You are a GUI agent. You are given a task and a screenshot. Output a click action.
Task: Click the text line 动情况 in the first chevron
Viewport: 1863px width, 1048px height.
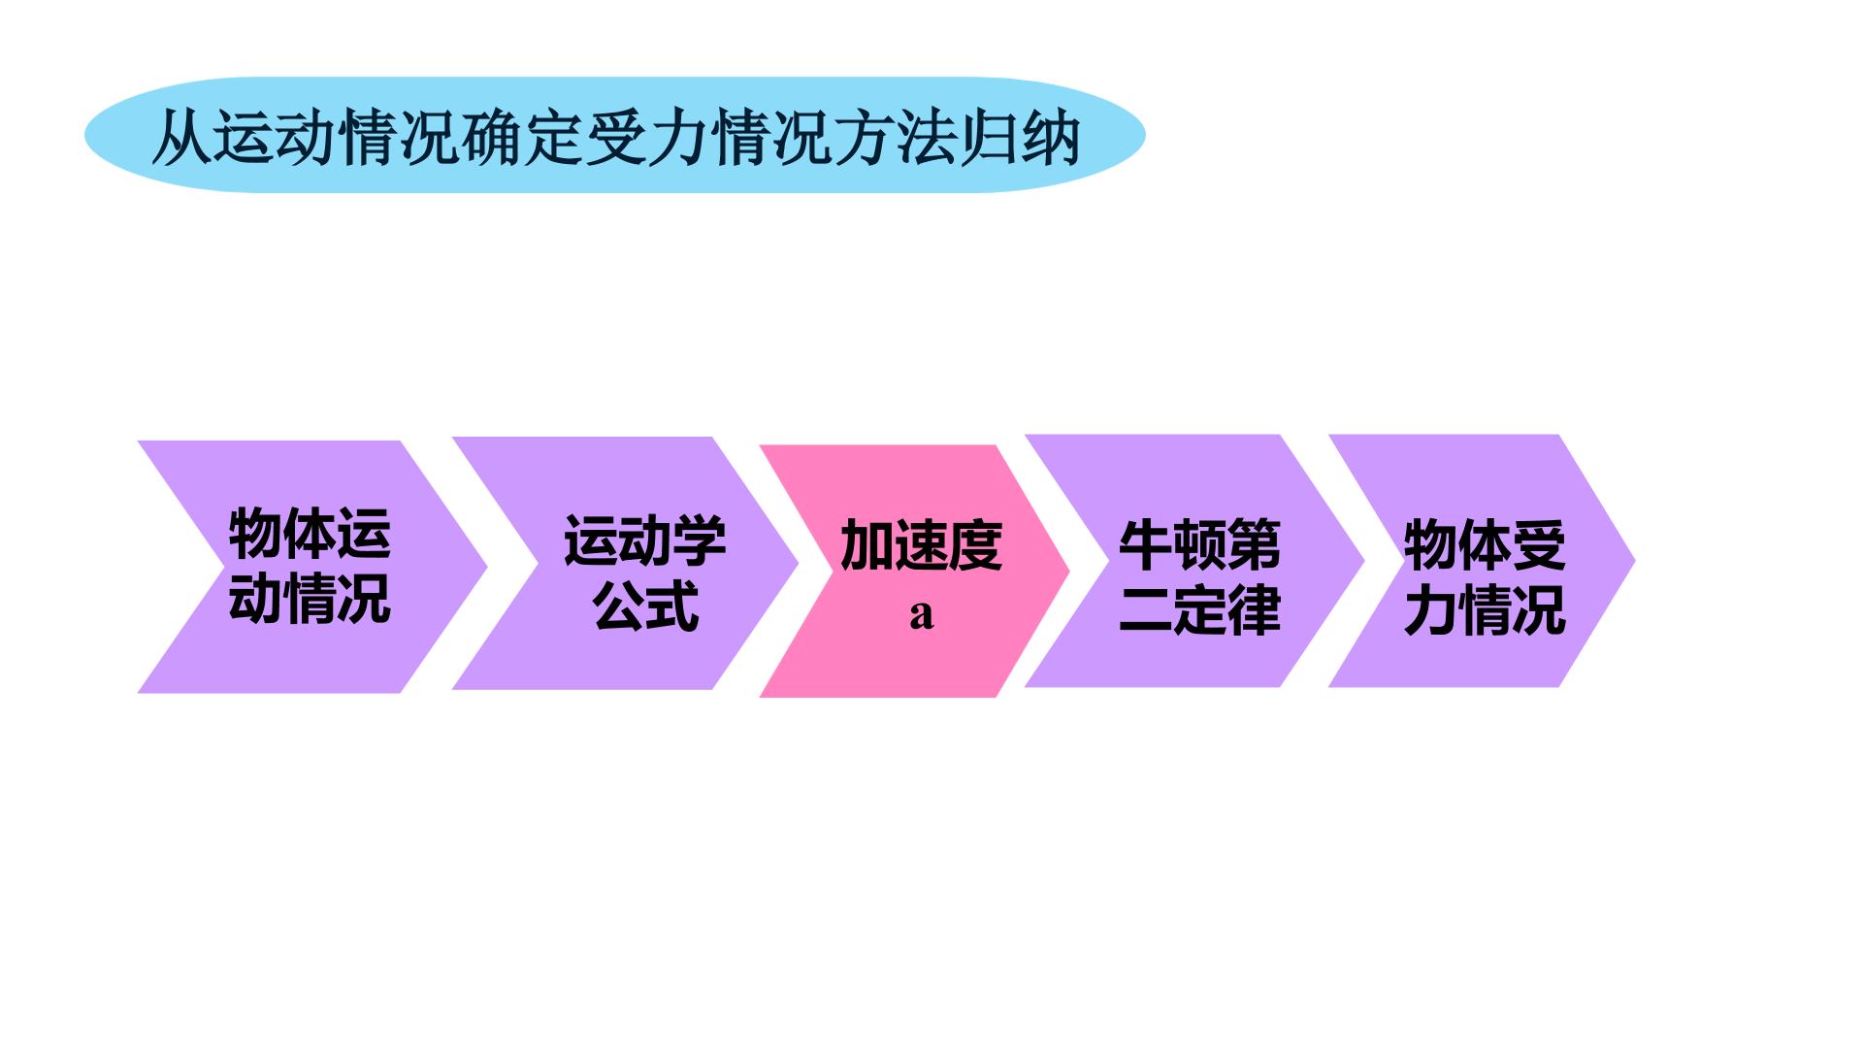[x=310, y=598]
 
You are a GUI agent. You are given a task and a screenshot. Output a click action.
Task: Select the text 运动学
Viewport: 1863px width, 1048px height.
[x=645, y=540]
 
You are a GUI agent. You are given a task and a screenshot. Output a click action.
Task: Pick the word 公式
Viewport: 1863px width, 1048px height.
[x=645, y=606]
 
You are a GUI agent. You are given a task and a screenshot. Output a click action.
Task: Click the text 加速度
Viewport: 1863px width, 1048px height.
[x=921, y=544]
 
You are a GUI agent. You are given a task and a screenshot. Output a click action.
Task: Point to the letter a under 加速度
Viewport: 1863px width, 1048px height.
[x=922, y=614]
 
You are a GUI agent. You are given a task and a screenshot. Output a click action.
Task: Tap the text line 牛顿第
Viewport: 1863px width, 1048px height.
[x=1199, y=544]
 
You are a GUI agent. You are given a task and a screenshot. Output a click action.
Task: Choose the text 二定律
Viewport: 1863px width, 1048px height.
[x=1199, y=609]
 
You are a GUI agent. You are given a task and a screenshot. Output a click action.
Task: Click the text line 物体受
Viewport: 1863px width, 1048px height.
[x=1485, y=544]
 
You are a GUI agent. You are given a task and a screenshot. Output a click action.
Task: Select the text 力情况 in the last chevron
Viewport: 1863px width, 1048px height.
[x=1485, y=609]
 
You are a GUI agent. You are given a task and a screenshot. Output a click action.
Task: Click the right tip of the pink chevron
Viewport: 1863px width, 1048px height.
[x=1068, y=572]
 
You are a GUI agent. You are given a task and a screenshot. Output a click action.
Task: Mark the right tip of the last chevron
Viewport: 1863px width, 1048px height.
[x=1635, y=561]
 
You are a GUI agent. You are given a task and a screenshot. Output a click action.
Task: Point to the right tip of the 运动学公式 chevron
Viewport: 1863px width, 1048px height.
[x=798, y=564]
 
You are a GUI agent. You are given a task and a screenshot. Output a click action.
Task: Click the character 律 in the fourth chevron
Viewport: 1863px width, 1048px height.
[x=1255, y=609]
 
